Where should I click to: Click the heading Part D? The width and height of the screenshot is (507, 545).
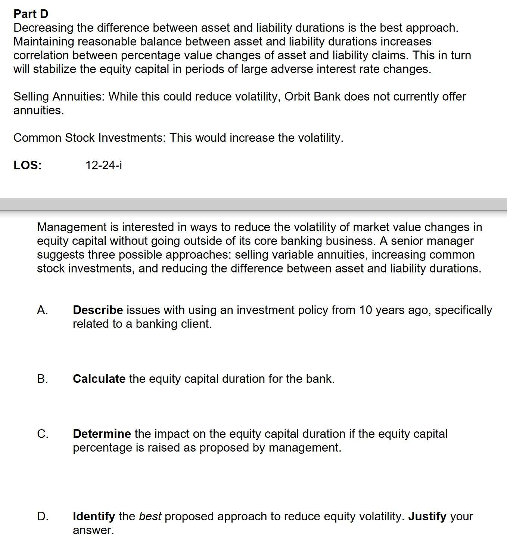[x=31, y=14]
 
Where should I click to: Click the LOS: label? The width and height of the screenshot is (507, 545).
[x=28, y=165]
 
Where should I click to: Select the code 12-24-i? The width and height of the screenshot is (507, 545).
[x=103, y=165]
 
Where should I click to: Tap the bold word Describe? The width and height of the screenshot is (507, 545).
[x=98, y=310]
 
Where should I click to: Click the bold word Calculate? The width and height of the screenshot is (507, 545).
[x=99, y=379]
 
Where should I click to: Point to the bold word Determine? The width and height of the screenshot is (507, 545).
[x=102, y=434]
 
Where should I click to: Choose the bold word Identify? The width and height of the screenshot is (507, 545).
[x=94, y=516]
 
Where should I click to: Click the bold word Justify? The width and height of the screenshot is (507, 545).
[x=427, y=516]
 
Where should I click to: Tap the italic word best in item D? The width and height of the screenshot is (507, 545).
[x=150, y=516]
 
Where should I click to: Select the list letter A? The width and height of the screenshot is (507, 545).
[x=42, y=310]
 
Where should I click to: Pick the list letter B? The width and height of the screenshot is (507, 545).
[x=42, y=379]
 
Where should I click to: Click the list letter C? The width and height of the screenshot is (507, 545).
[x=42, y=434]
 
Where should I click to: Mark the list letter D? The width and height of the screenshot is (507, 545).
[x=43, y=516]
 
